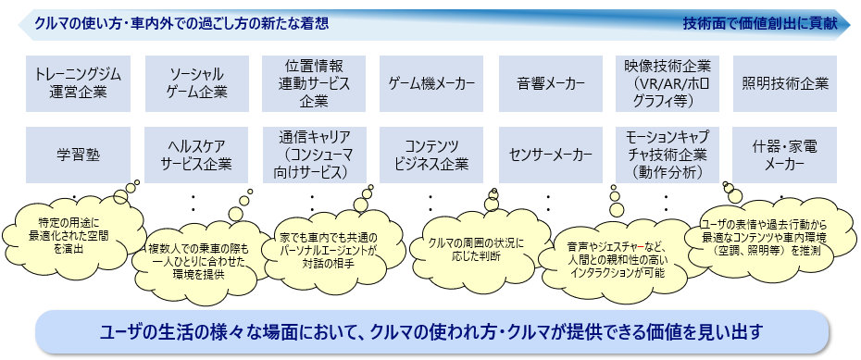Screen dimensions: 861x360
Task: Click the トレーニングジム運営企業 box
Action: pos(78,83)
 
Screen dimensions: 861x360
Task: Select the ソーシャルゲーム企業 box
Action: pos(196,83)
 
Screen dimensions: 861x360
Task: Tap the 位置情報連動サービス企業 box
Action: pos(314,83)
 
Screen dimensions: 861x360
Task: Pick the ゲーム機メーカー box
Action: pos(431,83)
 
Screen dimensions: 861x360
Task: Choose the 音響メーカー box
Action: pos(551,83)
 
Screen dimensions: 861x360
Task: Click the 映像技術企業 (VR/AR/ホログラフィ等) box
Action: pos(668,83)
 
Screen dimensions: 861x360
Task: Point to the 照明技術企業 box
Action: pos(785,83)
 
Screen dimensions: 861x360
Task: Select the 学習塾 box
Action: pos(78,155)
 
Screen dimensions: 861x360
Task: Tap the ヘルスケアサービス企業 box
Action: pos(196,155)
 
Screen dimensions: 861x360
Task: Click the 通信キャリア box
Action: pos(314,155)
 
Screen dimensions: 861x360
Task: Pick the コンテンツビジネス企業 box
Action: pos(431,155)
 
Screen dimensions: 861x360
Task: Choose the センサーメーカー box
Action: pos(551,155)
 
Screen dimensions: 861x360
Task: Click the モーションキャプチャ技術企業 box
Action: pos(668,155)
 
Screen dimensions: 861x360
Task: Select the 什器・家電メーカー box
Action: pos(785,155)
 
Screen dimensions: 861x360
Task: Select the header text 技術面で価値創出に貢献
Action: pos(760,23)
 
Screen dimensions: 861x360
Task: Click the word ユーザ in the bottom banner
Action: pos(119,332)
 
